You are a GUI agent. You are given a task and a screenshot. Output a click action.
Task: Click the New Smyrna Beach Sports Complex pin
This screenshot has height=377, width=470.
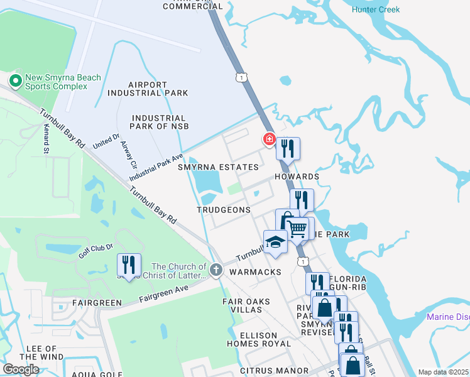pyautogui.click(x=14, y=80)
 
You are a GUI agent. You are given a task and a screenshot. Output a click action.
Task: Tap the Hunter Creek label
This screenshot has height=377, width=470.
pyautogui.click(x=376, y=9)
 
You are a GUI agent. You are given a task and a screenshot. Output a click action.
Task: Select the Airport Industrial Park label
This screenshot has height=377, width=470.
pyautogui.click(x=148, y=89)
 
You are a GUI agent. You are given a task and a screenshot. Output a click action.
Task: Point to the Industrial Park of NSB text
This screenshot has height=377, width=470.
pyautogui.click(x=158, y=122)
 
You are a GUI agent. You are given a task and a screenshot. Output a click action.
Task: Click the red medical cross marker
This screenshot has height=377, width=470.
pyautogui.click(x=269, y=139)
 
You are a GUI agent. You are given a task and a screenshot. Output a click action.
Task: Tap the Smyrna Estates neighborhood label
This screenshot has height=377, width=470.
pyautogui.click(x=218, y=167)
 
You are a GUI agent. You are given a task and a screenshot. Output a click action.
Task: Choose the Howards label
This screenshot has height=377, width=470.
pyautogui.click(x=297, y=177)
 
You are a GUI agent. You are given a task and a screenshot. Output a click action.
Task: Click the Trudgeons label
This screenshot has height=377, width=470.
pyautogui.click(x=223, y=210)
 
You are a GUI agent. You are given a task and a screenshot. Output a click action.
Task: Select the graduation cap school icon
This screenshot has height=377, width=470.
pyautogui.click(x=275, y=243)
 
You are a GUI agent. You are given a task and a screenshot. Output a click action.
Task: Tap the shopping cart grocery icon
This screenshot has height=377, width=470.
pyautogui.click(x=300, y=227)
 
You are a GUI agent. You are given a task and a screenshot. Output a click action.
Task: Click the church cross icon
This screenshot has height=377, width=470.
pyautogui.click(x=216, y=271)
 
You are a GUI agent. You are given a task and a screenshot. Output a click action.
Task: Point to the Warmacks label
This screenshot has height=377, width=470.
pyautogui.click(x=253, y=273)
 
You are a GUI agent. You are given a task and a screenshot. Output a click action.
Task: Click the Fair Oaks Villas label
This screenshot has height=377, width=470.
pyautogui.click(x=246, y=306)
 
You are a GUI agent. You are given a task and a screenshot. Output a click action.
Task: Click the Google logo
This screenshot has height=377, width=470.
pyautogui.click(x=21, y=369)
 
